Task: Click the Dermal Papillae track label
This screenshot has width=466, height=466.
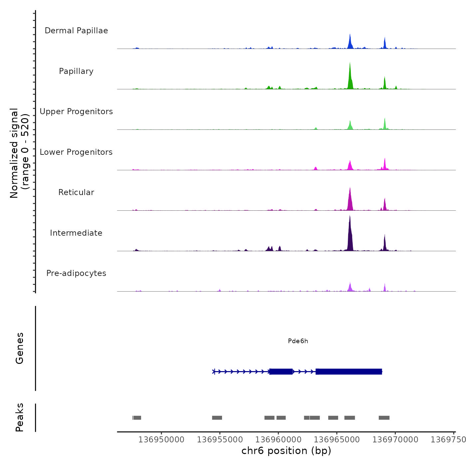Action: tap(76, 31)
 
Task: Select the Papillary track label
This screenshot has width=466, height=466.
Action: tap(76, 71)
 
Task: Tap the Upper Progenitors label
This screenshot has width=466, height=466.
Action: tap(76, 112)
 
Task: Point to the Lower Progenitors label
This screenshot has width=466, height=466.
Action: tap(76, 152)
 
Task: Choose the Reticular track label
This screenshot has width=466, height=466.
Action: tap(76, 192)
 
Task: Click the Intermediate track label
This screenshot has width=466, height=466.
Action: tap(76, 233)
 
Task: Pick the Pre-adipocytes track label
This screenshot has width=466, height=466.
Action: tap(76, 273)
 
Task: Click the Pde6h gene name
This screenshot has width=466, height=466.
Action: tap(298, 341)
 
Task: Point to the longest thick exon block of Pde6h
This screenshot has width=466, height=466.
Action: tap(349, 371)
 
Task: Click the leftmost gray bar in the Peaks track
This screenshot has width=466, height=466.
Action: tap(137, 418)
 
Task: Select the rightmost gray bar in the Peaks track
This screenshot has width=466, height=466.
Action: tap(384, 418)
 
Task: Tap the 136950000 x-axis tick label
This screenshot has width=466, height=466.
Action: tap(161, 440)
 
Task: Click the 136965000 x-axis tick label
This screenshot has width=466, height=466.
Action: tap(337, 440)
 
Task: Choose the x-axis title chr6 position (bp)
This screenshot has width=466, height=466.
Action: tap(286, 451)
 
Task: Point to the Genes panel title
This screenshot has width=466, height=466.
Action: tap(20, 348)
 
